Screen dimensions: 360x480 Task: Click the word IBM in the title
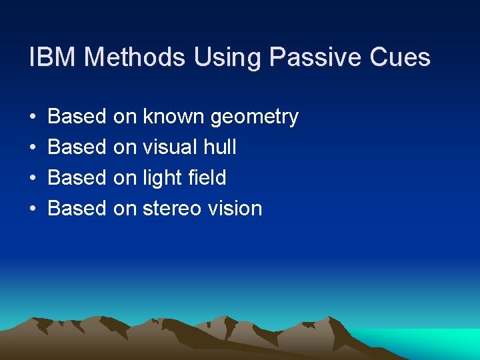(53, 57)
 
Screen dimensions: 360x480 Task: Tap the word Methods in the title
(135, 57)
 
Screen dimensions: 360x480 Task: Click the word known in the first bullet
(173, 117)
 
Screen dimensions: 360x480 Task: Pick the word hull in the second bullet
(221, 147)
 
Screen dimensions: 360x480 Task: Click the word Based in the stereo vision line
(77, 209)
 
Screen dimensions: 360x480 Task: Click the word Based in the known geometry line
(77, 117)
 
